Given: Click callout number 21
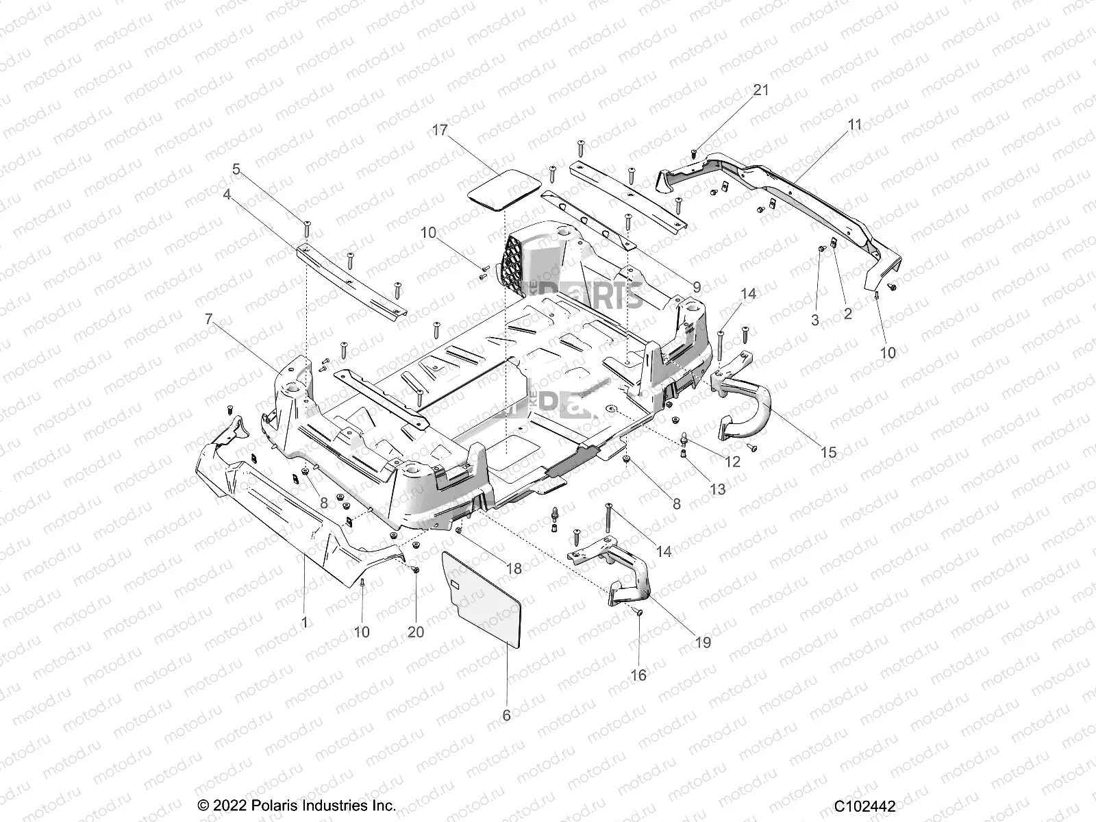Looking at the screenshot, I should [x=742, y=90].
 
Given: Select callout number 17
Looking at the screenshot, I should [x=459, y=129].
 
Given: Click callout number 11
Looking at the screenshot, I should [x=855, y=125].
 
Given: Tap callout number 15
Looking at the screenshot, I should [x=828, y=453].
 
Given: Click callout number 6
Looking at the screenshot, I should [x=506, y=715].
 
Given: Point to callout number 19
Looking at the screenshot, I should [x=702, y=642].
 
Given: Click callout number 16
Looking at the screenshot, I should [x=638, y=675].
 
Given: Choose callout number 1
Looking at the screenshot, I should [x=304, y=622].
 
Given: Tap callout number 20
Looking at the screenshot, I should [x=416, y=632].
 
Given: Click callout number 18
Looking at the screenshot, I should [x=513, y=569].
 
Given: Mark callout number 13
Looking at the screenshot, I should [x=717, y=489].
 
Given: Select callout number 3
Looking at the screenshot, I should [x=815, y=320].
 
